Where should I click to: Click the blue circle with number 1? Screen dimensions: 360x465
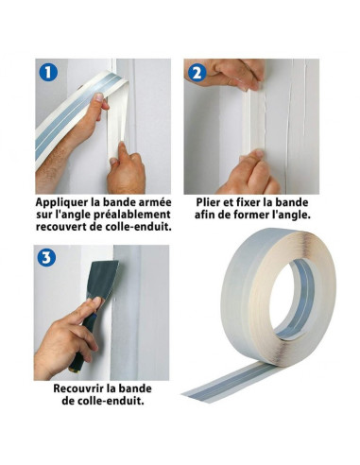coord(48,72)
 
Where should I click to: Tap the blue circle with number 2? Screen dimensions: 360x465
coord(197,73)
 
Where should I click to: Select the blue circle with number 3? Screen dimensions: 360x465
coord(46,257)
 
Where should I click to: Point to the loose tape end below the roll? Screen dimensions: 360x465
coord(227,382)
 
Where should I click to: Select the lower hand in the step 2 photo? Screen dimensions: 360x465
coord(249,173)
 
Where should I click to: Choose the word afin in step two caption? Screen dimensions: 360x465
coord(205,215)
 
